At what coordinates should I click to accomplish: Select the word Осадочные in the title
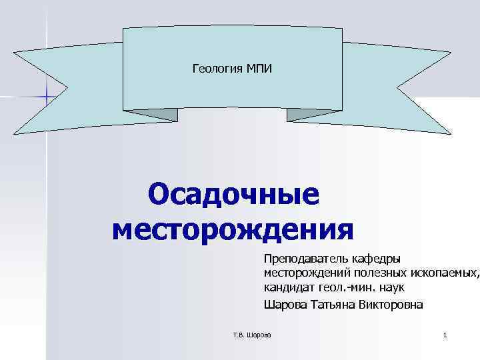click(x=234, y=195)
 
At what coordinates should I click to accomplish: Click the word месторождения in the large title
click(x=233, y=230)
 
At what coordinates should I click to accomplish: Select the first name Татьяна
click(x=331, y=305)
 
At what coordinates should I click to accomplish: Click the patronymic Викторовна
click(x=392, y=305)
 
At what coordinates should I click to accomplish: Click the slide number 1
click(x=445, y=334)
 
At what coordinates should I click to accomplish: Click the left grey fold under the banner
click(x=157, y=115)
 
